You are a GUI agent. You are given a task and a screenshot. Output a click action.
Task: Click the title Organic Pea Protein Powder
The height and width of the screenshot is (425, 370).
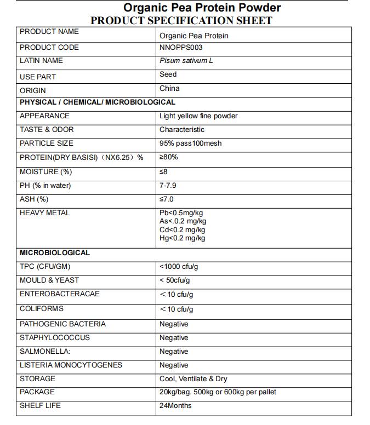pyautogui.click(x=202, y=8)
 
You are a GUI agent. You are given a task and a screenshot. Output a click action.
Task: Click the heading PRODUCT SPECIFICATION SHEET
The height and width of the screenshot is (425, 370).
pyautogui.click(x=181, y=21)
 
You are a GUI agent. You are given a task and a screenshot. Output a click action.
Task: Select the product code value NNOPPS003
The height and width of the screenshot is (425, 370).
pyautogui.click(x=181, y=48)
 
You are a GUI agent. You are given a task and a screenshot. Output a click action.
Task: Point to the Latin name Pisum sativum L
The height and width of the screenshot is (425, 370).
pyautogui.click(x=186, y=61)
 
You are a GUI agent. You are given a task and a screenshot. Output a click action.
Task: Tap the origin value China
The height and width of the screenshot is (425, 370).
pyautogui.click(x=169, y=88)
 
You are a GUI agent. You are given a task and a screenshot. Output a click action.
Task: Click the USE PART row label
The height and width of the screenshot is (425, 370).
pyautogui.click(x=38, y=77)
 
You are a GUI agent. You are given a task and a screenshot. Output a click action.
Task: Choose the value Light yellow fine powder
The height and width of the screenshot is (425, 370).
pyautogui.click(x=198, y=116)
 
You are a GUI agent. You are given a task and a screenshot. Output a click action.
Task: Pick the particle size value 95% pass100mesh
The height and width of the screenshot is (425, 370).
pyautogui.click(x=190, y=143)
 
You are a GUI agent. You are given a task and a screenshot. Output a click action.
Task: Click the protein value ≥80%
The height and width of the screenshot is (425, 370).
pyautogui.click(x=169, y=157)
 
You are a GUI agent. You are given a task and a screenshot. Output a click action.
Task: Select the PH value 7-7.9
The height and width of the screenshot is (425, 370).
pyautogui.click(x=168, y=186)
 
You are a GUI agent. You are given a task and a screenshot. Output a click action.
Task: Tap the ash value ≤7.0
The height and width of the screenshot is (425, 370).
pyautogui.click(x=167, y=199)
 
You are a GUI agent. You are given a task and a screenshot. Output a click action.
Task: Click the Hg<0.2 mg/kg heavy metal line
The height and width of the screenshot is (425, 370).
pyautogui.click(x=182, y=238)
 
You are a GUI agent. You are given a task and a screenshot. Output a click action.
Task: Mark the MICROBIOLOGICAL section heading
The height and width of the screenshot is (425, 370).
pyautogui.click(x=55, y=253)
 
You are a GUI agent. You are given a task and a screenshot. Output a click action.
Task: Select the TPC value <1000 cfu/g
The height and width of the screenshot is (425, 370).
pyautogui.click(x=179, y=267)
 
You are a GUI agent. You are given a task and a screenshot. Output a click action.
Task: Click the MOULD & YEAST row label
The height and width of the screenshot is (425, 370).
pyautogui.click(x=49, y=280)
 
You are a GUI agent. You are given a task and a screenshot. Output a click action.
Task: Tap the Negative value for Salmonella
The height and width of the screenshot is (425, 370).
pyautogui.click(x=174, y=352)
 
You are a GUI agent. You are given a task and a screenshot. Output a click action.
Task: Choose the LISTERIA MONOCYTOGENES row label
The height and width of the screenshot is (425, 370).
pyautogui.click(x=71, y=365)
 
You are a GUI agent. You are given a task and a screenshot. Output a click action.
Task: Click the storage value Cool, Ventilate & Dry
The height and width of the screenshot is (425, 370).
pyautogui.click(x=193, y=379)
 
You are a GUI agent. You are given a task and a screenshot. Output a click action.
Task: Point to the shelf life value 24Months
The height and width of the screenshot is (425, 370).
pyautogui.click(x=175, y=406)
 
